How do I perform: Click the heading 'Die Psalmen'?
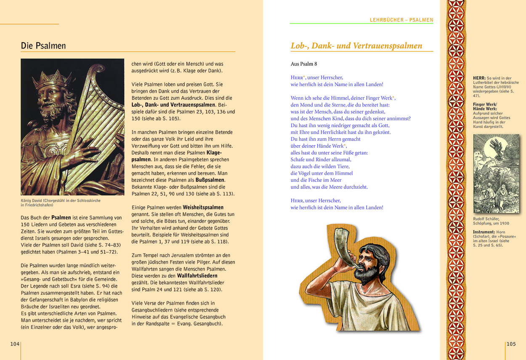click(43, 46)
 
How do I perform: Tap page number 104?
click(15, 344)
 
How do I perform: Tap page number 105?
click(511, 344)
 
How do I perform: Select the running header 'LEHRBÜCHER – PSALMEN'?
click(401, 20)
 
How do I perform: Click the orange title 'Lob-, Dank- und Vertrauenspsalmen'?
click(356, 46)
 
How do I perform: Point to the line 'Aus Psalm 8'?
click(304, 64)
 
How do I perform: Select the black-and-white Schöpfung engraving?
click(496, 173)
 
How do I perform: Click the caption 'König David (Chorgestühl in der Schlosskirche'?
click(61, 200)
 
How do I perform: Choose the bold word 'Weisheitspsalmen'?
click(203, 207)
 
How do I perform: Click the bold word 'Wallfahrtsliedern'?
click(197, 275)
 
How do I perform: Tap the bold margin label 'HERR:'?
click(479, 78)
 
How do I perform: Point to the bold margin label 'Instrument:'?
click(484, 232)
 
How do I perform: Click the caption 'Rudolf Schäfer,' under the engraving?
click(486, 219)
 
